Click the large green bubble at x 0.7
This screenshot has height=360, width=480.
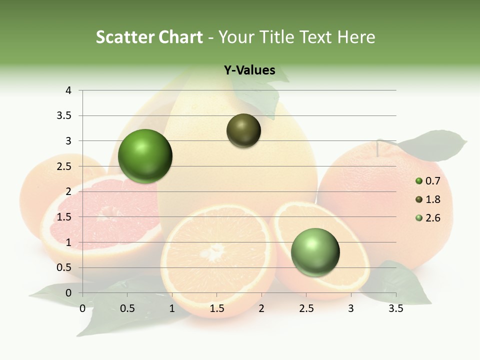pyautogui.click(x=145, y=156)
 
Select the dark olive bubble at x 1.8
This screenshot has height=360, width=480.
pyautogui.click(x=243, y=130)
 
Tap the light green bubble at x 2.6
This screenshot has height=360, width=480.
pyautogui.click(x=315, y=252)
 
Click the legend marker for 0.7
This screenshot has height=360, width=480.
pyautogui.click(x=419, y=181)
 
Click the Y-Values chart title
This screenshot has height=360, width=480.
pyautogui.click(x=249, y=70)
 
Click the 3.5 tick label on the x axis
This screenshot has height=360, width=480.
pyautogui.click(x=396, y=308)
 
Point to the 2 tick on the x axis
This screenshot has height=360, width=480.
pyautogui.click(x=261, y=308)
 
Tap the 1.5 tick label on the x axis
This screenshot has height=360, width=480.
pyautogui.click(x=217, y=308)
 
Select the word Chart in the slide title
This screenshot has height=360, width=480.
pyautogui.click(x=180, y=37)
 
